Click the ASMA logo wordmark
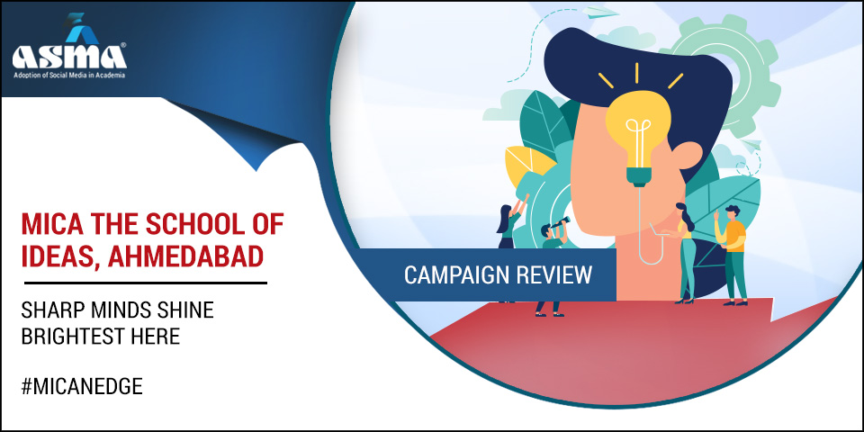point(69,57)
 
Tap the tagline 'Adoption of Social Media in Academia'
point(69,75)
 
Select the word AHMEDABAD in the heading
point(185,256)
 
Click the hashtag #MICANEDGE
point(82,387)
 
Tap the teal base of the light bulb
point(639,177)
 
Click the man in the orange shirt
point(733,254)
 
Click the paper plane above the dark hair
point(600,12)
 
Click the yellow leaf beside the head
point(528,165)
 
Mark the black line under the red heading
point(146,283)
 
